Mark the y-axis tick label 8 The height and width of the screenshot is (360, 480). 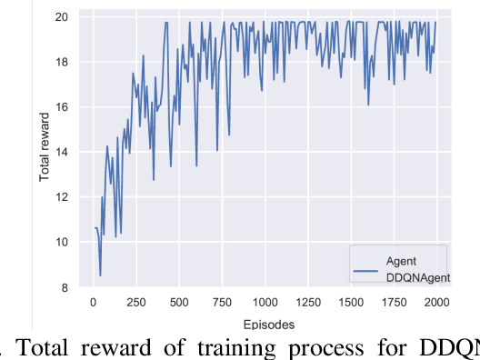pyautogui.click(x=64, y=287)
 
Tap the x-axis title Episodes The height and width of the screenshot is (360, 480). pyautogui.click(x=265, y=323)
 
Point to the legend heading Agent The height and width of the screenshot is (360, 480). pyautogui.click(x=400, y=259)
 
